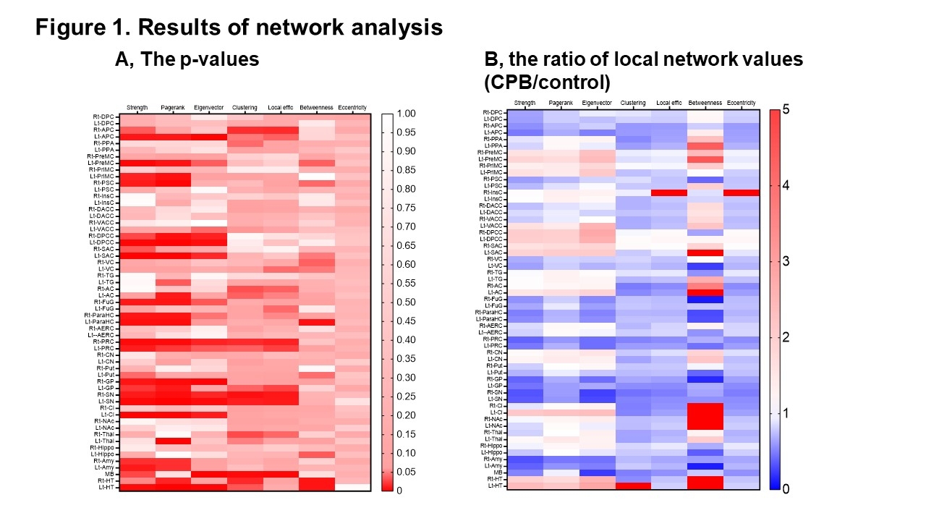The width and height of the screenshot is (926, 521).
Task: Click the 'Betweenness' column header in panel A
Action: click(x=315, y=108)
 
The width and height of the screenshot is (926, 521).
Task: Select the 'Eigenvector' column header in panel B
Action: click(x=596, y=103)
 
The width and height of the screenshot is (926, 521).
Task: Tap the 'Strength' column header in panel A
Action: click(x=137, y=108)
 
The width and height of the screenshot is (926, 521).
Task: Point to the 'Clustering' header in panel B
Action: click(x=632, y=103)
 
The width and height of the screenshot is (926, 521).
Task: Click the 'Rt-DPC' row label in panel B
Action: click(x=493, y=112)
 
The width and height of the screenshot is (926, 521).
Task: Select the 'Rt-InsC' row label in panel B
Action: click(x=493, y=192)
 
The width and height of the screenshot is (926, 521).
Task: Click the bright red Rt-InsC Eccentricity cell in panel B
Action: click(x=740, y=192)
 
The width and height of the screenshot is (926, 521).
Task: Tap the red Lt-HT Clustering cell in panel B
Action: click(x=632, y=486)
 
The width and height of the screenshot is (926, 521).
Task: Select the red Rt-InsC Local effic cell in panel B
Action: click(x=668, y=192)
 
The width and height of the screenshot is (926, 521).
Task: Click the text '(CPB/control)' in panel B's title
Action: click(x=548, y=80)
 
